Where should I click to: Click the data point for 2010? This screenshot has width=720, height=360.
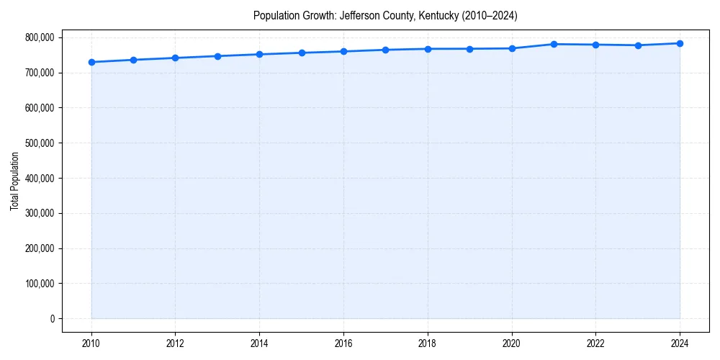[91, 62]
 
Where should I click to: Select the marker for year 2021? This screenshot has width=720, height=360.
[554, 44]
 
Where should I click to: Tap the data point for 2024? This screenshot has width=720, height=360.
[680, 43]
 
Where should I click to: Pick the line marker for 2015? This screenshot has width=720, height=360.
[302, 53]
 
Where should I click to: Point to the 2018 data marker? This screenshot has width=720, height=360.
[428, 49]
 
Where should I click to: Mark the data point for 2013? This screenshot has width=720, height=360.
[217, 56]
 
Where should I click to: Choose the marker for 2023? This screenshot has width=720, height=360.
[638, 45]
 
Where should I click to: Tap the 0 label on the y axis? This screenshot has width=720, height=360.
[52, 319]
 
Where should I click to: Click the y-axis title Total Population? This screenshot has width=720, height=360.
[14, 181]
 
